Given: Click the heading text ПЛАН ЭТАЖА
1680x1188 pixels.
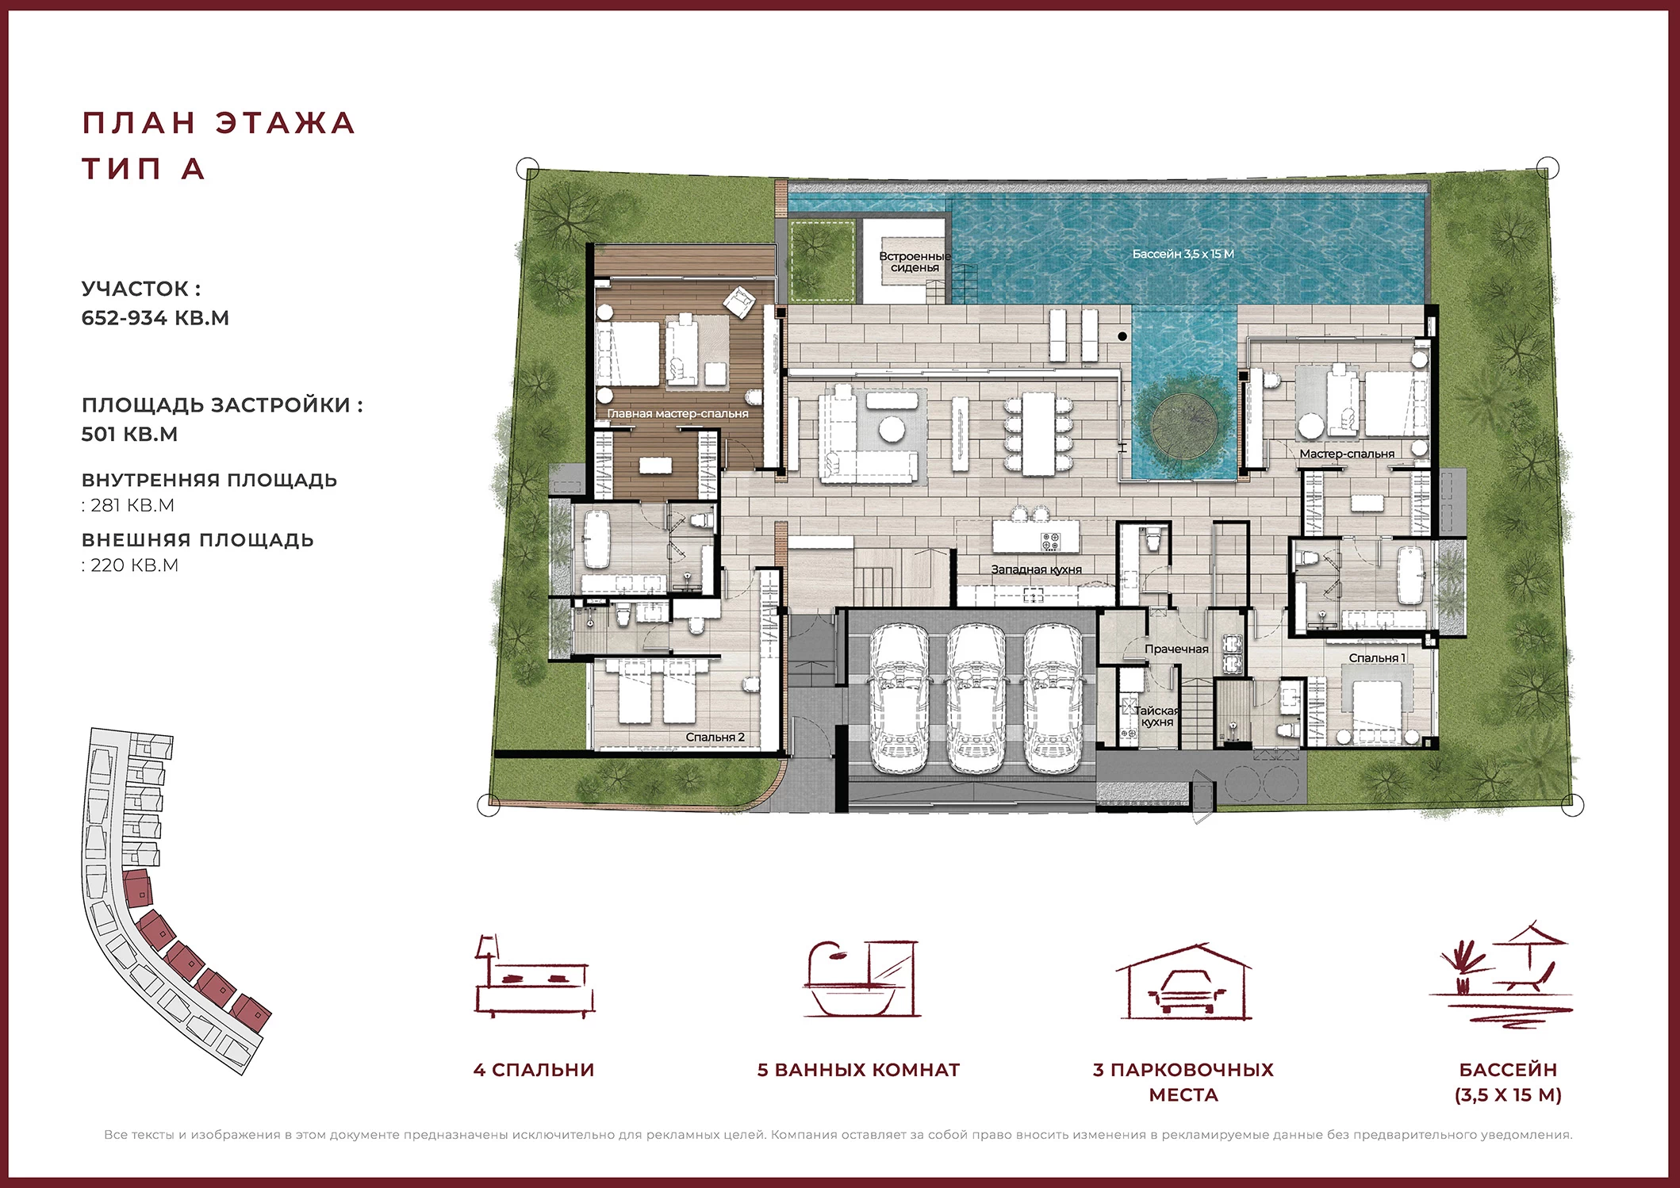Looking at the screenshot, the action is tap(219, 123).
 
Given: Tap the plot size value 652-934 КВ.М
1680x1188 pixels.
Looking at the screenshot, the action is tap(155, 318).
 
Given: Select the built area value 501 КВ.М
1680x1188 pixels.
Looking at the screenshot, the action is tap(129, 435).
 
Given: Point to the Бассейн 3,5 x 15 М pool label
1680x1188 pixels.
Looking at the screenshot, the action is tap(1183, 254).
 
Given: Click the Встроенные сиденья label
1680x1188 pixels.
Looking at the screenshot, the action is tap(915, 262).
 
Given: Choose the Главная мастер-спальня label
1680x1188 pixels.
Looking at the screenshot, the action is tap(677, 413).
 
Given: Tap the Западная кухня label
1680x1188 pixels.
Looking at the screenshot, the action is tap(1036, 569).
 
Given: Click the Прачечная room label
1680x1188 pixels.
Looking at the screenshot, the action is tap(1176, 649).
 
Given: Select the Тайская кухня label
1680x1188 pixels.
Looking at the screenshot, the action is tap(1156, 716).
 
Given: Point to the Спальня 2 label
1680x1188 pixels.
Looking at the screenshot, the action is tap(715, 737).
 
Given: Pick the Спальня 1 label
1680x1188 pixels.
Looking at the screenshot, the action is tap(1377, 657).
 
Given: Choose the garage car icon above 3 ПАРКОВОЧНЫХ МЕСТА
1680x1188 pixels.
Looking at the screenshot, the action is tap(1183, 981).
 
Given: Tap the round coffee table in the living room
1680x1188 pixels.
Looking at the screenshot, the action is tap(892, 429).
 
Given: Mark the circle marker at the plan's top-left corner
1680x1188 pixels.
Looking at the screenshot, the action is tap(527, 168).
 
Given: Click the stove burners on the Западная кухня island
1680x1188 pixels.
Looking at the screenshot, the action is tap(1049, 542).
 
